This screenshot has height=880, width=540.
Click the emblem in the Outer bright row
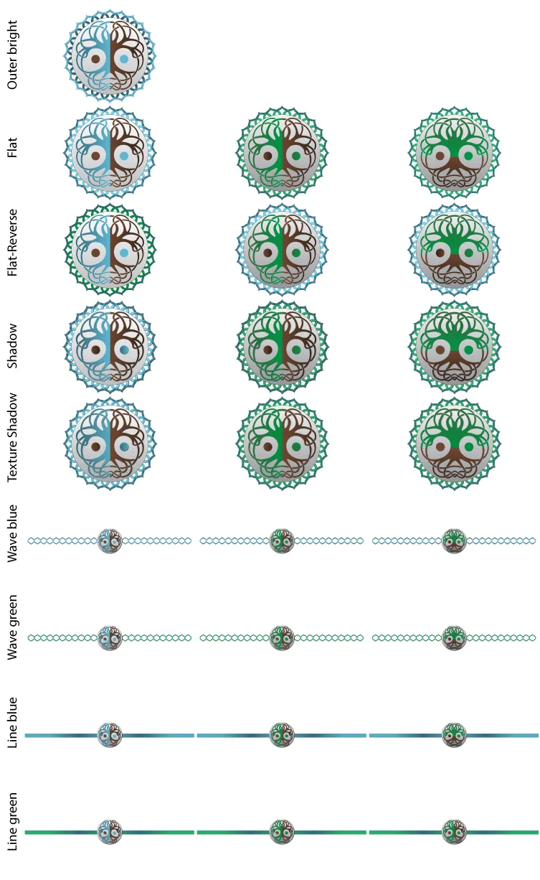click(x=110, y=55)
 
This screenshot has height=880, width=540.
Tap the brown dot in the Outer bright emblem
click(x=95, y=59)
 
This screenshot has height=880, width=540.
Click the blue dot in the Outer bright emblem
click(x=125, y=59)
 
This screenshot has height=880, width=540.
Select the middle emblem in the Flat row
click(x=282, y=152)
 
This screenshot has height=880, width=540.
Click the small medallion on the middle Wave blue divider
click(x=282, y=540)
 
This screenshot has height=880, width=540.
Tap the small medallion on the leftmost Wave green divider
click(x=110, y=637)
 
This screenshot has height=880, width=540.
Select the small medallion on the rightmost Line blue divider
click(x=454, y=735)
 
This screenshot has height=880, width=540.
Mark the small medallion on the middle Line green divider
click(x=282, y=832)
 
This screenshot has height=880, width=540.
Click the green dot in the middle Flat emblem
click(x=296, y=156)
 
